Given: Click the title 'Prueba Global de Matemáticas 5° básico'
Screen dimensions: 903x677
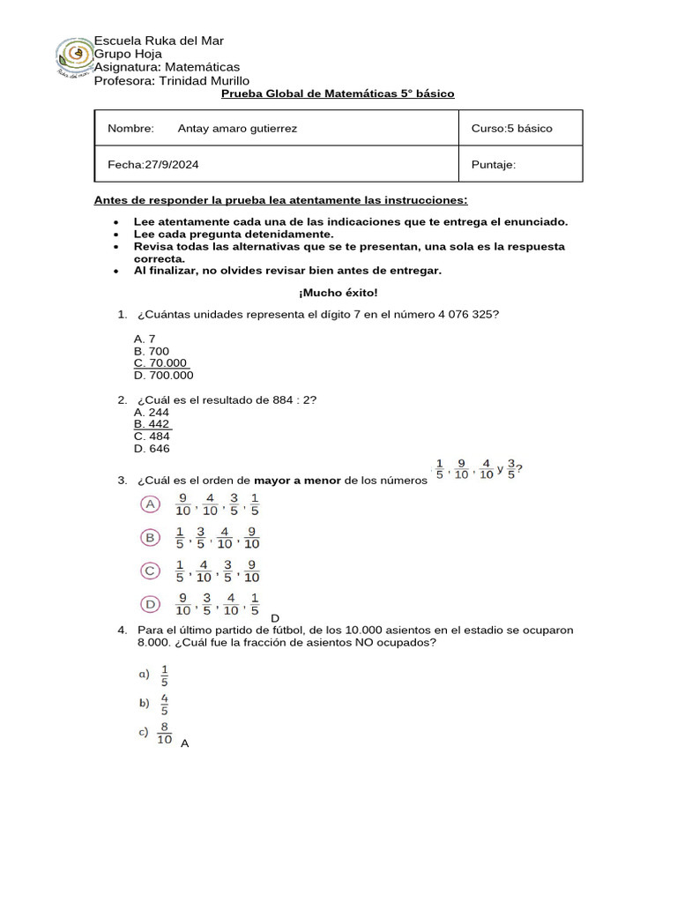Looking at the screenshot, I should pos(338,93).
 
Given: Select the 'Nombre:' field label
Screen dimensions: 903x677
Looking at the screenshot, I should pos(130,129).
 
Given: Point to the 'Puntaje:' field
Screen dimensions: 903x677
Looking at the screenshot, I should pos(494,164).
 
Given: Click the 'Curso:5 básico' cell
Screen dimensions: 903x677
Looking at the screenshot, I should pos(511,129).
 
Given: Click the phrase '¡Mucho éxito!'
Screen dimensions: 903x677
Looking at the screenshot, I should pos(338,292).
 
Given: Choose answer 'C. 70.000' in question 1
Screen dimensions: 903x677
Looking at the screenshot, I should pos(160,362).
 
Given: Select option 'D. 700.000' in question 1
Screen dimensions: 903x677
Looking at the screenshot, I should pos(164,375).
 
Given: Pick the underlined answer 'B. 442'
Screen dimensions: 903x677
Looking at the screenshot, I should pos(152,424).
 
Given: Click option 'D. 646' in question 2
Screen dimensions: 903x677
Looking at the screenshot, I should pos(152,448).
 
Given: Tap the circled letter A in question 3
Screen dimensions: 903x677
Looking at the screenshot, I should pos(151,504).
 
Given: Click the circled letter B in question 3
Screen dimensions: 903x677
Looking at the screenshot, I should pos(151,537).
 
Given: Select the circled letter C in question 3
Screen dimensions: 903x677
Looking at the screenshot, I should pos(151,571).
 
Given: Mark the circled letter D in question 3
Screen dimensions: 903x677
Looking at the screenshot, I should pos(151,604).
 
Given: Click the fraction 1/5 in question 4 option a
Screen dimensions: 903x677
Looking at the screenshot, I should pos(165,675).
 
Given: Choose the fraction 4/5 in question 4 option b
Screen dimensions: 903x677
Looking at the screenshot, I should pos(165,704).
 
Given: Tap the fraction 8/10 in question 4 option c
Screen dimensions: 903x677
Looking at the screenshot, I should pos(164,734).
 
